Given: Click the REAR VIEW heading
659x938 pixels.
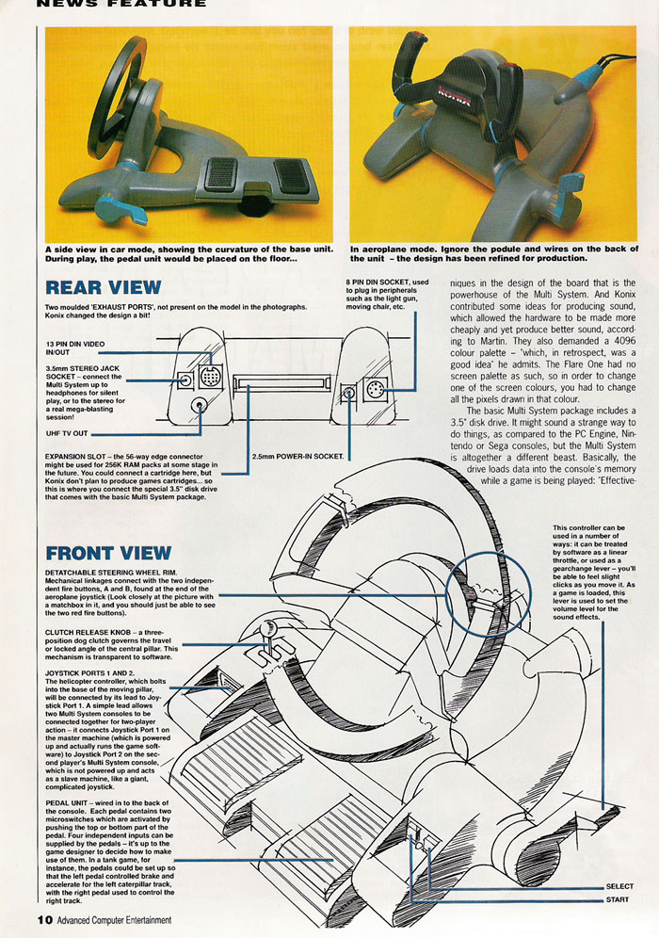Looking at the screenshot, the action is [104, 287].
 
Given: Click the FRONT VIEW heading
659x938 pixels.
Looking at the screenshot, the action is [108, 553].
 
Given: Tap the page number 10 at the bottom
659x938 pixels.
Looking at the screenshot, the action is [45, 919].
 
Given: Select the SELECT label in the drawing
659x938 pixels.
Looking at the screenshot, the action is [619, 886].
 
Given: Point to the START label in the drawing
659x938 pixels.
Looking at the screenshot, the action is [618, 899].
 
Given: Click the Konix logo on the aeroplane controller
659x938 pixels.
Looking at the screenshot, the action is [455, 94].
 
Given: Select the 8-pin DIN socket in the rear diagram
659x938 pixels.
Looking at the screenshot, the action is [375, 390].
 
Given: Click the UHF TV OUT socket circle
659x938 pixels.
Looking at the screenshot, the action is [200, 405].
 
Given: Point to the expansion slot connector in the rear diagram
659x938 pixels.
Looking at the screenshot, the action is [281, 383].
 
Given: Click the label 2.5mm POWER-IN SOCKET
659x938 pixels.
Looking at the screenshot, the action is [297, 457].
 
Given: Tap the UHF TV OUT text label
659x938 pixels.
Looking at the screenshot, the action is [67, 434].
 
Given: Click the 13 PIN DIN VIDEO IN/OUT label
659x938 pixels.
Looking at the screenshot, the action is [74, 348].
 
